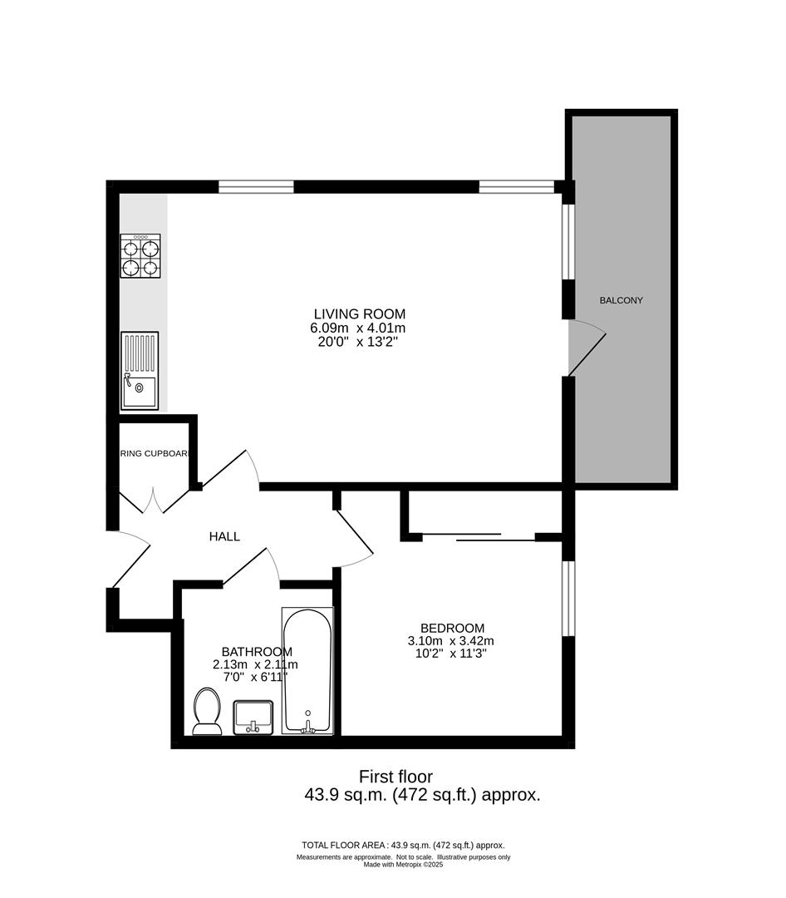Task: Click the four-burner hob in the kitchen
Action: tap(140, 255)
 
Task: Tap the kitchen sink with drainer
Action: tap(140, 371)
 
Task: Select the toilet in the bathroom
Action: tap(205, 713)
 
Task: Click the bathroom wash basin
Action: tap(253, 717)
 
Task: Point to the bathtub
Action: tap(307, 672)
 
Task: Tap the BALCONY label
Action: tap(621, 300)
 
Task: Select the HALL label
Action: tap(224, 537)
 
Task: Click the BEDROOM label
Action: tap(452, 628)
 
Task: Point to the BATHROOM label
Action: tap(257, 651)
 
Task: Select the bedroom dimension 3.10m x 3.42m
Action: tap(451, 641)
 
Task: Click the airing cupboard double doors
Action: tap(154, 501)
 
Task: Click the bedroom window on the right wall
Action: tap(568, 598)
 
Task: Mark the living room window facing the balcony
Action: tap(568, 241)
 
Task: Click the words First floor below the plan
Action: tap(395, 777)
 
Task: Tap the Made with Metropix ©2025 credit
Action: tap(403, 865)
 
